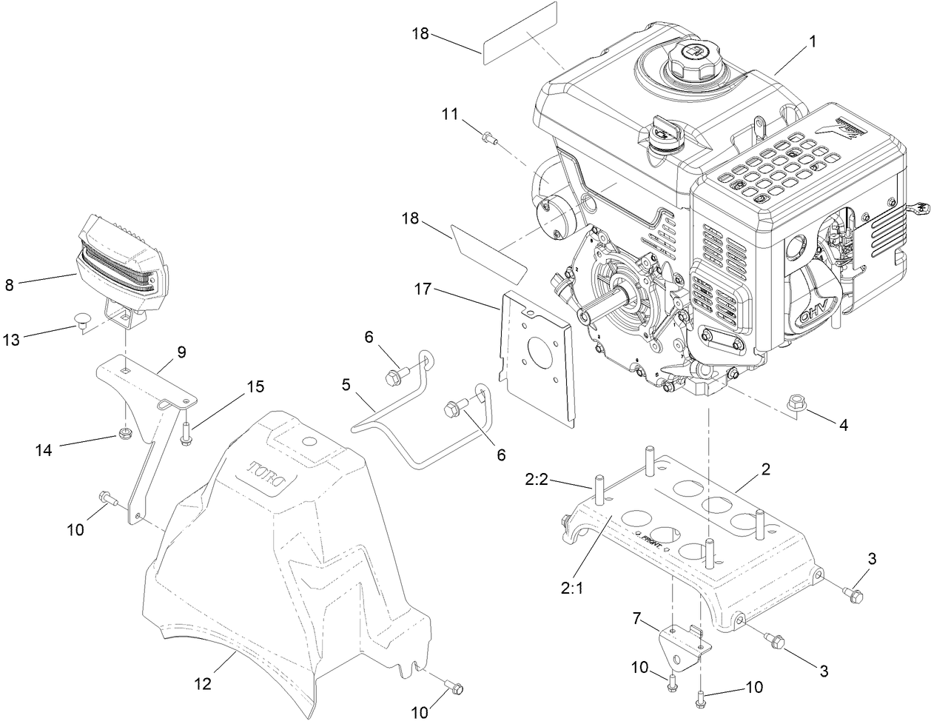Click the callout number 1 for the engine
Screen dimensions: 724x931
pos(812,42)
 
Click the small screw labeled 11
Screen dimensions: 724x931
pos(489,136)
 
